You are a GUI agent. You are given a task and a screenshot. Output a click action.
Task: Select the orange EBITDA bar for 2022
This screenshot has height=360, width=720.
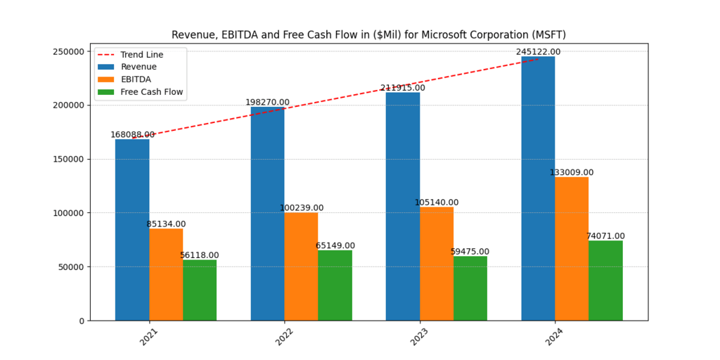point(301,266)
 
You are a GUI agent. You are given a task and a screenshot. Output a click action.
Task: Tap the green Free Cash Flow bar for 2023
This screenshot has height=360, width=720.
point(470,288)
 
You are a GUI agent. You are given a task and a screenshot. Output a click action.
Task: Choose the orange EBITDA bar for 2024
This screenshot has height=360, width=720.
point(572,249)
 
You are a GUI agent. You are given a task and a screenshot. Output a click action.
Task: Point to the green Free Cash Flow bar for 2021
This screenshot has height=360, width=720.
point(200,290)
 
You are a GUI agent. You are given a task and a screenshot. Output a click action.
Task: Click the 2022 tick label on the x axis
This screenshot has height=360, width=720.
point(284,336)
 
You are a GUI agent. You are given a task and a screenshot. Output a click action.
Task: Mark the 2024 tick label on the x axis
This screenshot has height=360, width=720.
point(555,336)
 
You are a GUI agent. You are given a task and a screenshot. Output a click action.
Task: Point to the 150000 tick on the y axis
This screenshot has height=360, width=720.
point(69,160)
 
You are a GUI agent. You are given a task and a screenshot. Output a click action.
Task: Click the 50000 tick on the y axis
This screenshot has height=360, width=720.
point(71,267)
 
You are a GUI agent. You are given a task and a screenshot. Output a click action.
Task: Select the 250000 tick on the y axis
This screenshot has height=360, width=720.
point(69,51)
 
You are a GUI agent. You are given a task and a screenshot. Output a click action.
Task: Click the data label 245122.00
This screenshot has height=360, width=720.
point(538,52)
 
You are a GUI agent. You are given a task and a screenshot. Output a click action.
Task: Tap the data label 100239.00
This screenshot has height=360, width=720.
point(301,208)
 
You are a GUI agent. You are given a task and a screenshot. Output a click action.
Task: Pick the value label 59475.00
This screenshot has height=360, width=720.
point(470,252)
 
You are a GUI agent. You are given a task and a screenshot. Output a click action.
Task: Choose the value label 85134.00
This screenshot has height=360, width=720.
point(166,224)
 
